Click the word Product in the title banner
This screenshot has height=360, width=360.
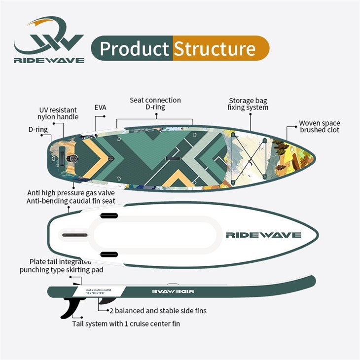[x=134, y=49]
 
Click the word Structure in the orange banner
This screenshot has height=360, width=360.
[x=215, y=49]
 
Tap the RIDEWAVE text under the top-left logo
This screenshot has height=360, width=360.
[x=49, y=60]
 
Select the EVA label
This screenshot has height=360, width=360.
[x=100, y=108]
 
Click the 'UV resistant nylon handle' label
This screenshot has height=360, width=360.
[x=58, y=113]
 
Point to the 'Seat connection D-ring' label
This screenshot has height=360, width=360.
[x=155, y=104]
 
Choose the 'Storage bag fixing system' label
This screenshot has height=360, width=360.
[x=248, y=104]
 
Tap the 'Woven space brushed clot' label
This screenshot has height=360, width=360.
[x=320, y=126]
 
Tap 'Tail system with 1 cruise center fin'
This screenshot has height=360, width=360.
[x=126, y=324]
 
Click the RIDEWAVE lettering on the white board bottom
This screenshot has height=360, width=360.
[x=263, y=235]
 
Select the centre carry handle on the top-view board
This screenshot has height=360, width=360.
[x=174, y=158]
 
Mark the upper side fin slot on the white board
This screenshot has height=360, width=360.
[x=109, y=216]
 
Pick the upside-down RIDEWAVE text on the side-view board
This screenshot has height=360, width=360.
[x=173, y=291]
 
